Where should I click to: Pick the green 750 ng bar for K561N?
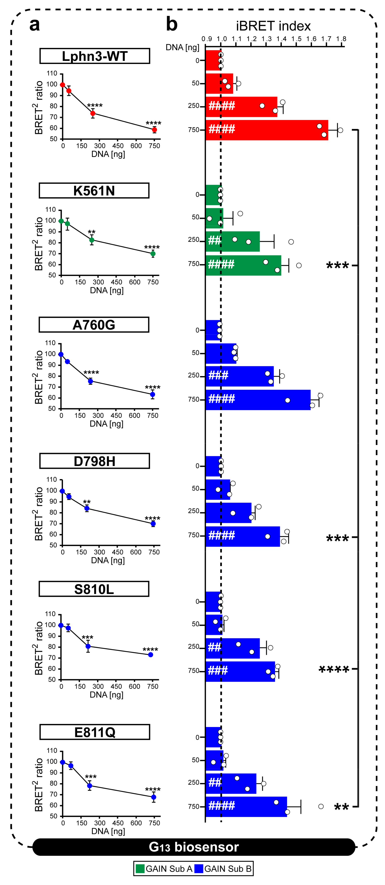pyautogui.click(x=243, y=265)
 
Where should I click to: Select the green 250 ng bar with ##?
pyautogui.click(x=232, y=241)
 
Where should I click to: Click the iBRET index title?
pyautogui.click(x=273, y=26)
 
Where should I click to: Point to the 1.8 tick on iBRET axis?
pyautogui.click(x=341, y=39)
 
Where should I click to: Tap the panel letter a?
pyautogui.click(x=34, y=25)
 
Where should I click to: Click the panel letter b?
pyautogui.click(x=172, y=25)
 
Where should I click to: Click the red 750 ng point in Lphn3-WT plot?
pyautogui.click(x=154, y=130)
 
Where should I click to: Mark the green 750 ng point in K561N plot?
pyautogui.click(x=153, y=254)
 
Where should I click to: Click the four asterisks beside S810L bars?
pyautogui.click(x=334, y=670)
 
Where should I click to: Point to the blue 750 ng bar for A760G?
pyautogui.click(x=258, y=400)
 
